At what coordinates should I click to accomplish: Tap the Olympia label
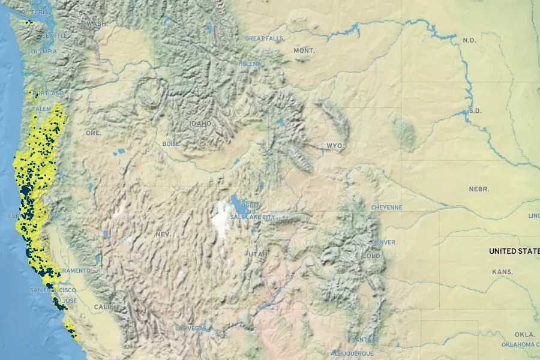(x=44, y=51)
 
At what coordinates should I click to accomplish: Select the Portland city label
(x=48, y=94)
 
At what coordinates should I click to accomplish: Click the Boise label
(x=171, y=144)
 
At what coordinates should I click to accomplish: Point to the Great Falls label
(x=263, y=38)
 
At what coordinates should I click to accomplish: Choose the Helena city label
(x=250, y=64)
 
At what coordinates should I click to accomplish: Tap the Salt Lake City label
(x=253, y=217)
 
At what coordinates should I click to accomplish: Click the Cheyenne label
(x=387, y=208)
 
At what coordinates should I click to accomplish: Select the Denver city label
(x=383, y=242)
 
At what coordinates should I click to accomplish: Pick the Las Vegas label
(x=191, y=328)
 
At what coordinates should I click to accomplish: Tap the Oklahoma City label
(x=520, y=344)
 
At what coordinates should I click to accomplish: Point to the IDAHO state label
(x=200, y=124)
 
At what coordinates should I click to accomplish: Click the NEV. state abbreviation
(x=163, y=233)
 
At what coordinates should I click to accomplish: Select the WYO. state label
(x=335, y=146)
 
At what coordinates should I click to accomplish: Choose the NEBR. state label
(x=479, y=189)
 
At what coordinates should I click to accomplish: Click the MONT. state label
(x=304, y=51)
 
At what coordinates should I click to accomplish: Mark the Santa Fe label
(x=366, y=339)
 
